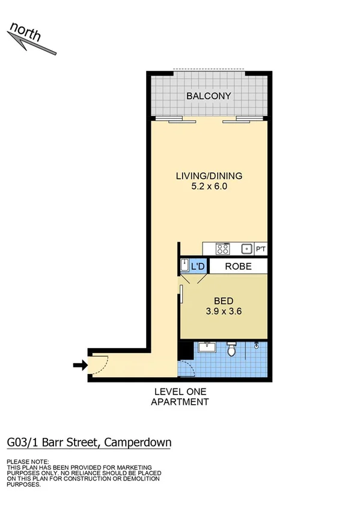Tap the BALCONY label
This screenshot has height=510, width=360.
pyautogui.click(x=209, y=96)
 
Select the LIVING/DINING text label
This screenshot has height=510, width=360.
pyautogui.click(x=209, y=176)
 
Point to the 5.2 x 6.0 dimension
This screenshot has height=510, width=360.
pyautogui.click(x=209, y=186)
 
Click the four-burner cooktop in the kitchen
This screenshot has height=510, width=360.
pyautogui.click(x=222, y=248)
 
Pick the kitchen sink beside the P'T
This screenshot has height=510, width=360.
pyautogui.click(x=246, y=248)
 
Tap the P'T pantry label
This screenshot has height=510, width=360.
pyautogui.click(x=261, y=249)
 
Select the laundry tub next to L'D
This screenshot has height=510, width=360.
pyautogui.click(x=185, y=265)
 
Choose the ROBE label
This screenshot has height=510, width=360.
pyautogui.click(x=238, y=266)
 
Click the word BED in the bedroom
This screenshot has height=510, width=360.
pyautogui.click(x=224, y=301)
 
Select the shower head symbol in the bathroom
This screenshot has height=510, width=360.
pyautogui.click(x=257, y=345)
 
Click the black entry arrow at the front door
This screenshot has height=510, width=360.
pyautogui.click(x=78, y=364)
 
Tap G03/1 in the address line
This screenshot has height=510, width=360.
pyautogui.click(x=23, y=443)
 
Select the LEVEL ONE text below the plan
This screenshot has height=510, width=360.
pyautogui.click(x=180, y=392)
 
